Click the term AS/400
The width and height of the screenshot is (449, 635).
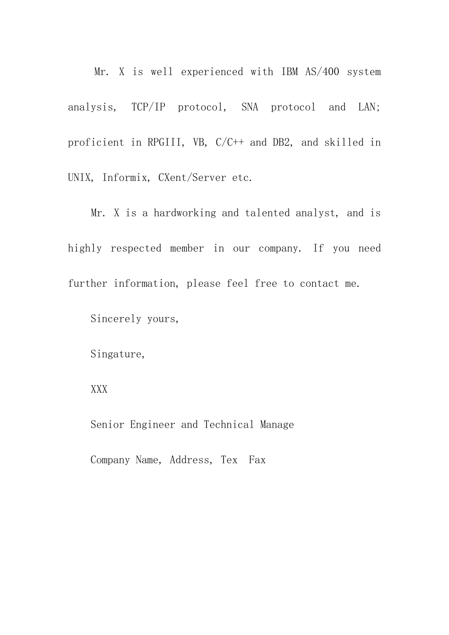[322, 72]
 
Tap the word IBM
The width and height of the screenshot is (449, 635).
[290, 72]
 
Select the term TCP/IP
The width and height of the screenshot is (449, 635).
[148, 107]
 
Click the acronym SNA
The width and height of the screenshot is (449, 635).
[250, 107]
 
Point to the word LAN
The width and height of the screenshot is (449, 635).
[367, 107]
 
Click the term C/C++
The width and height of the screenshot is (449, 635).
[229, 143]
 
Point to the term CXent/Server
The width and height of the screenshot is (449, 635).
[192, 178]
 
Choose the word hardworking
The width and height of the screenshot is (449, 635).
[184, 213]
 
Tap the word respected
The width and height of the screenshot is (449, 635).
[136, 249]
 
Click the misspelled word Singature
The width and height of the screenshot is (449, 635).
[117, 354]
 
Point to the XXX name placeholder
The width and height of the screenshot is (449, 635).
[99, 389]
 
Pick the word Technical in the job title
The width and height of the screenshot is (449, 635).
[229, 425]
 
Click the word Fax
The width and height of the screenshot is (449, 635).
[257, 460]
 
